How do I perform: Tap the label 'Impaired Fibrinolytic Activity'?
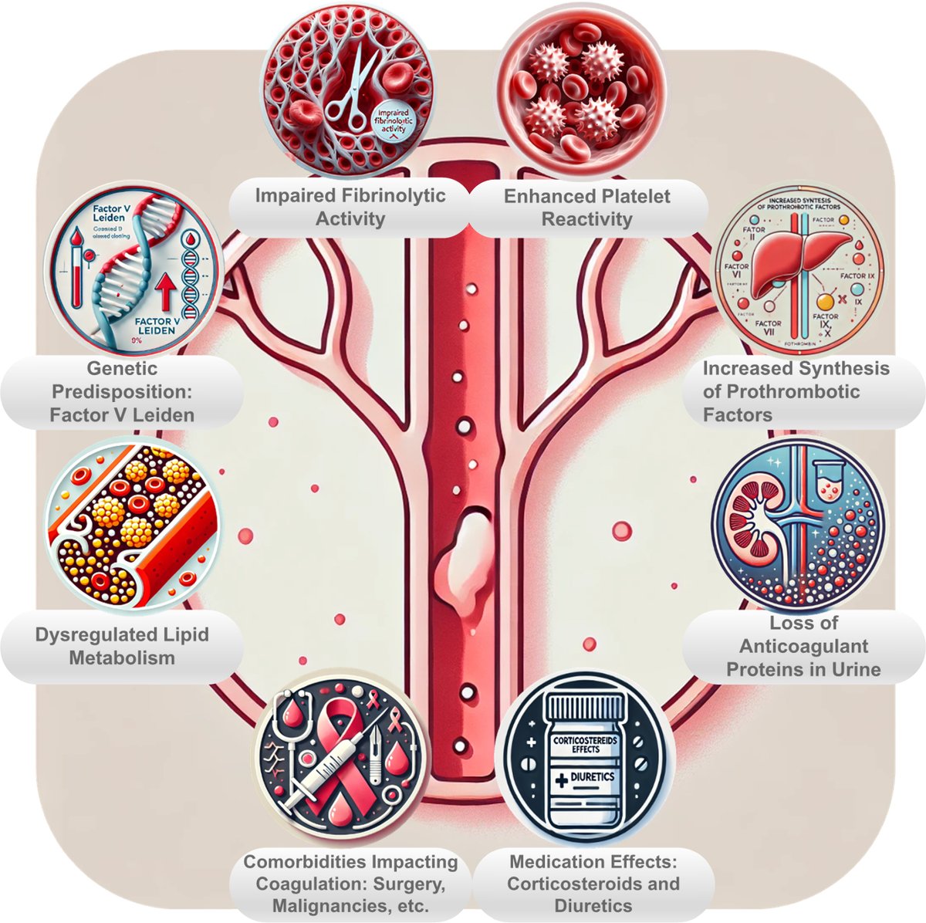[x=350, y=207]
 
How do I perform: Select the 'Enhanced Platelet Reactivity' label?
[x=586, y=207]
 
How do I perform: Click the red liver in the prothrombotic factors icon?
[x=782, y=262]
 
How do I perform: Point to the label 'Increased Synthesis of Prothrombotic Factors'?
[x=796, y=391]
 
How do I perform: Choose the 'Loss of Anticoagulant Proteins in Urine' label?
[x=803, y=646]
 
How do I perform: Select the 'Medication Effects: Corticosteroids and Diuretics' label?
[x=593, y=884]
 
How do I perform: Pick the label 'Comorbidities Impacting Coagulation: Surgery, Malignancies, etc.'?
[x=351, y=884]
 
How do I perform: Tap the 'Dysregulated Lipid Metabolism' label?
[x=122, y=646]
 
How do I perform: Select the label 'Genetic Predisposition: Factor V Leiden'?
[x=122, y=391]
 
